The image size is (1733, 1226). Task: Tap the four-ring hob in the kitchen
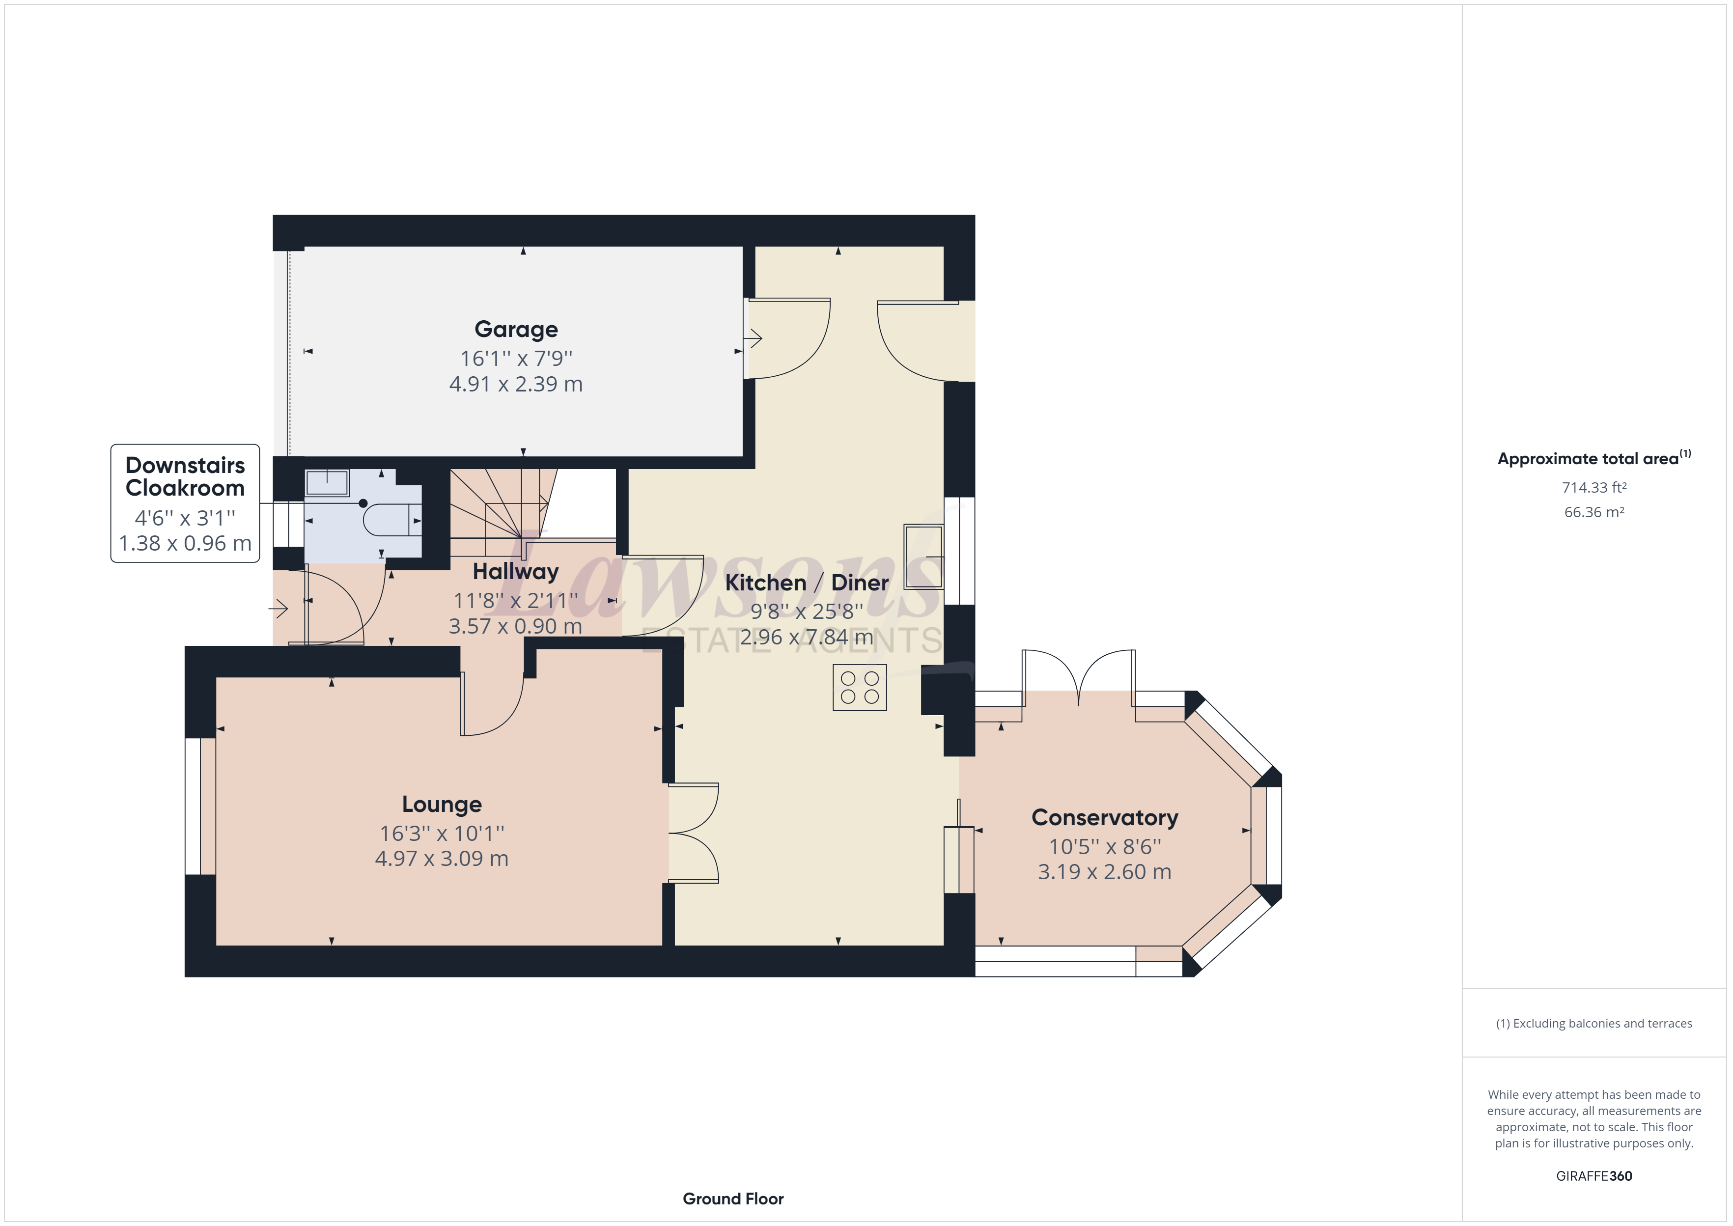coord(860,688)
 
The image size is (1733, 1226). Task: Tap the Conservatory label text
coord(1104,818)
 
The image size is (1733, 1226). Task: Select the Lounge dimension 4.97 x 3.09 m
coord(442,859)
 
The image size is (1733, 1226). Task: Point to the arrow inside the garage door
coord(754,338)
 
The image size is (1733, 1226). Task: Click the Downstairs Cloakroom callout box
coord(185,503)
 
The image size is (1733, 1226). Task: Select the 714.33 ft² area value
coord(1593,488)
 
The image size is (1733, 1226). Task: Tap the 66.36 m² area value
coord(1593,512)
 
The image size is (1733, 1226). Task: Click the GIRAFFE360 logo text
coord(1593,1175)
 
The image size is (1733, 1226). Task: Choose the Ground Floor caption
coord(733,1199)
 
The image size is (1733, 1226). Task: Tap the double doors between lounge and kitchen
coord(693,834)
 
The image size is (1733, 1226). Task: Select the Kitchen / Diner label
coord(806,583)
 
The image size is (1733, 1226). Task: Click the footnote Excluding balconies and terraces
coord(1593,1024)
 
